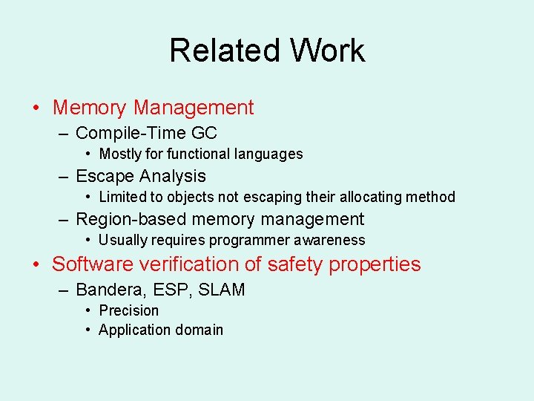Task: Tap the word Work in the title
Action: tap(328, 50)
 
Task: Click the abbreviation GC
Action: tap(204, 133)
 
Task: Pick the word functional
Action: tap(198, 154)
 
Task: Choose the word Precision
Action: tap(128, 310)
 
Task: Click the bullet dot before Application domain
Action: tap(88, 330)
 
